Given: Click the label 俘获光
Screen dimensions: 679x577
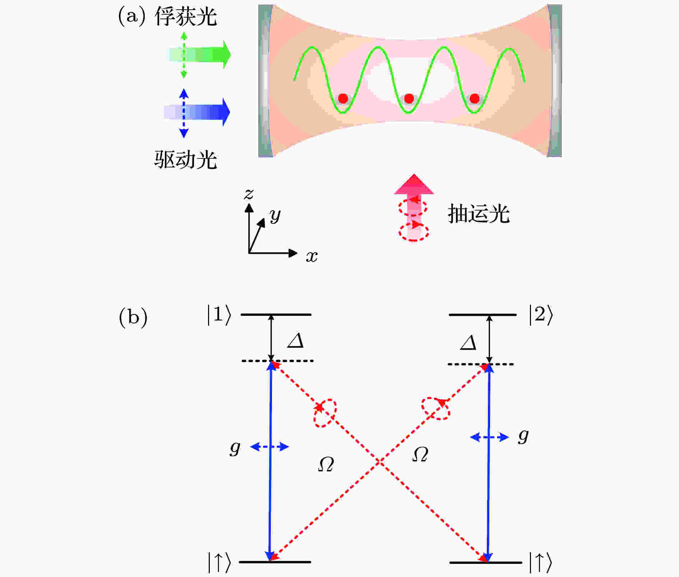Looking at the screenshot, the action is point(186,17).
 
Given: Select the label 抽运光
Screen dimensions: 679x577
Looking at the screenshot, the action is point(479,214).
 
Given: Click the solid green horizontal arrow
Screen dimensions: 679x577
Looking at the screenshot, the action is point(199,55).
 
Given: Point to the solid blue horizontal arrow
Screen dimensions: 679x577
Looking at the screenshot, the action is point(197,112).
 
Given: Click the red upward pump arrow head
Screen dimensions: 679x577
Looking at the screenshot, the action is point(414,184).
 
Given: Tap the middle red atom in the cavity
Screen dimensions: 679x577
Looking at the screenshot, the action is point(409,98).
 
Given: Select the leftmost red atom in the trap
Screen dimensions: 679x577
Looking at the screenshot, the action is point(343,98).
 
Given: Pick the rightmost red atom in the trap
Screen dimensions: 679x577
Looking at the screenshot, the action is point(475,98).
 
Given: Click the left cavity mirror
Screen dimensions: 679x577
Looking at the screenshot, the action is point(265,81).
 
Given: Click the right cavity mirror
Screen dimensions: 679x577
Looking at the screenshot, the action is point(555,81).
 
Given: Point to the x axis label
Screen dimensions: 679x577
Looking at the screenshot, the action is point(312,257).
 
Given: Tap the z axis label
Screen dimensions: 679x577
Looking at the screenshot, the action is point(249,194).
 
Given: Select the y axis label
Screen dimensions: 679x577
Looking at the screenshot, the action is point(275,216).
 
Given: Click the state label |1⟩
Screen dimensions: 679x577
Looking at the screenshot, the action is point(219,315).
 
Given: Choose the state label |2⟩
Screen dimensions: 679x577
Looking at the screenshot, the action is point(541,315).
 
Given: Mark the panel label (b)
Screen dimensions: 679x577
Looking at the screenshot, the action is point(133,317).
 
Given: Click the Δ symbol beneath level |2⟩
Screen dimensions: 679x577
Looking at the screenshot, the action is point(468,342).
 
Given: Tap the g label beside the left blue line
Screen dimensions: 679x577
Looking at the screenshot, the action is point(235,448).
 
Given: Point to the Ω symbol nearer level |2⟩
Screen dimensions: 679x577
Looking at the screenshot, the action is point(420,454).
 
